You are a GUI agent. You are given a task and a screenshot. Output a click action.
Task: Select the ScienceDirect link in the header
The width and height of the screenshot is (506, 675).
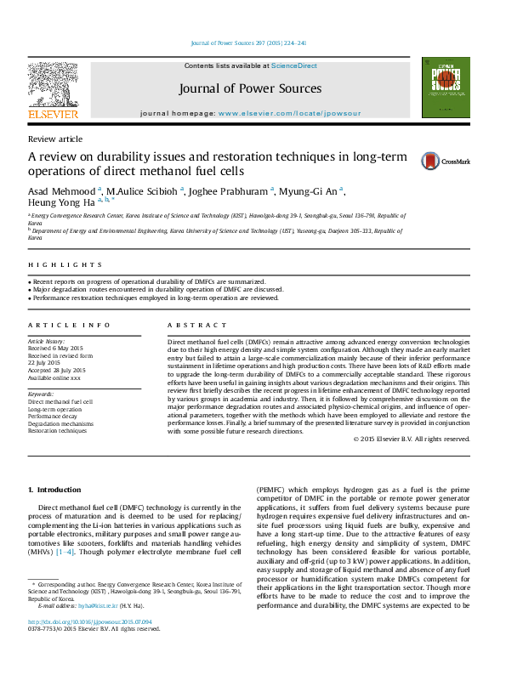[x=294, y=65]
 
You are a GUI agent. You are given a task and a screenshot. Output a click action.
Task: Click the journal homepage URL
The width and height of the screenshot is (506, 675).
[x=289, y=113]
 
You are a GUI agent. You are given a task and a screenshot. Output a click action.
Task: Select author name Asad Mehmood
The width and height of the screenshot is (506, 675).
[x=62, y=191]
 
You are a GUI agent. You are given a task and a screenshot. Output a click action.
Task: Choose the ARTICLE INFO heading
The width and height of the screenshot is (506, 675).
[x=69, y=326]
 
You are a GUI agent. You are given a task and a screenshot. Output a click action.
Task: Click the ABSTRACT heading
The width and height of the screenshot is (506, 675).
[x=197, y=326]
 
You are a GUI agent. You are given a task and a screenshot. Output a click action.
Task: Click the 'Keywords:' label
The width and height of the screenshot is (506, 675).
[x=43, y=394]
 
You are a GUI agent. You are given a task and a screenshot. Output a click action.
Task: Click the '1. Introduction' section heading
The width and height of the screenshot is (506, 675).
[x=54, y=491]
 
